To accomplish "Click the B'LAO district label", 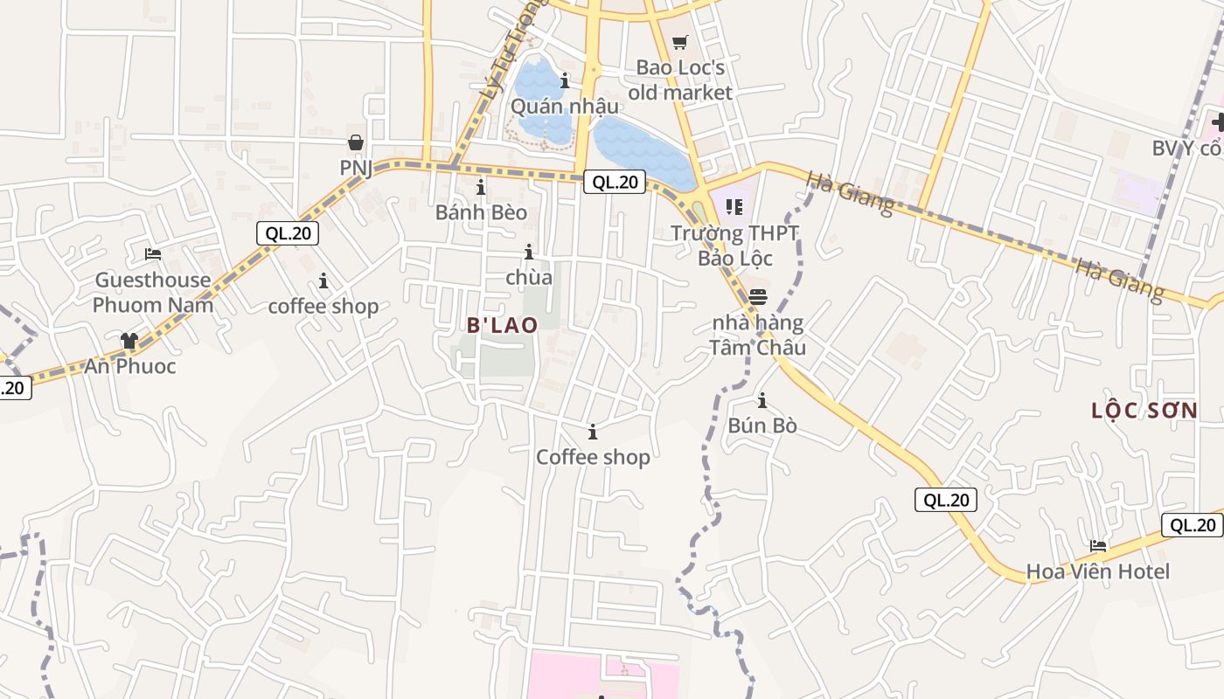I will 502,324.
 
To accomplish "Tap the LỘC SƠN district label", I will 1144,411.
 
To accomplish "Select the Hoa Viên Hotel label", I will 1097,571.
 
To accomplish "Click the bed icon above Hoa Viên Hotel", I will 1098,546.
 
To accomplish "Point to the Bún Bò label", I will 762,426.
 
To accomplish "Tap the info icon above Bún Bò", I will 762,401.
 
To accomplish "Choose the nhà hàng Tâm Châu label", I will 757,335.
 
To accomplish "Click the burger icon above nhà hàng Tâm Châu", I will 757,296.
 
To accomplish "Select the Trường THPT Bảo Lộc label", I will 735,246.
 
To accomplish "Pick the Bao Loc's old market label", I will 680,80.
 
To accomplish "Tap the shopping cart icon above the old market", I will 680,42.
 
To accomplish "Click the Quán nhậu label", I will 565,107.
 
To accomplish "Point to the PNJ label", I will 356,167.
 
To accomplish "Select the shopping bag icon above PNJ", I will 356,142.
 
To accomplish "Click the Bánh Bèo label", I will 481,212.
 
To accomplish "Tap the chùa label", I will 529,277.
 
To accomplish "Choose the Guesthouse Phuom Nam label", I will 153,292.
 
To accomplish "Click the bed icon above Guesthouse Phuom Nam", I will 153,254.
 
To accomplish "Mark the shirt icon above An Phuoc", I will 129,341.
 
